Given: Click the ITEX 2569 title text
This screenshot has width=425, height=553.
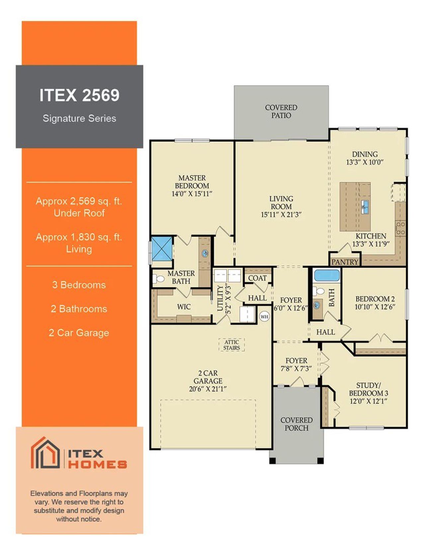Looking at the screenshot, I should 79,95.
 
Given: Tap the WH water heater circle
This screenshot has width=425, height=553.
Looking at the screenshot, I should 264,317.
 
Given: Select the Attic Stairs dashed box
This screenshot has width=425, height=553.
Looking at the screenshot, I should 231,345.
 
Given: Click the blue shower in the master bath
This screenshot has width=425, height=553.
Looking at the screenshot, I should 162,248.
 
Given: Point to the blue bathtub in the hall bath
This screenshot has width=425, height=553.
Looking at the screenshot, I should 327,276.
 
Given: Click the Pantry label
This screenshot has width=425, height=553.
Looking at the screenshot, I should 345,262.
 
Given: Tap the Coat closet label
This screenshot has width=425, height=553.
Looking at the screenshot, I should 257,278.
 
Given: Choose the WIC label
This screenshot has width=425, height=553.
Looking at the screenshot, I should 184,307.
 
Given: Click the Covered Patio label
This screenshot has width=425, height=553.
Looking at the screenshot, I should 281,112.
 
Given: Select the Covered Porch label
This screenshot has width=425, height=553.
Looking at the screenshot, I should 297,424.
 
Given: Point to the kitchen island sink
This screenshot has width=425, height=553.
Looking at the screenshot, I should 365,207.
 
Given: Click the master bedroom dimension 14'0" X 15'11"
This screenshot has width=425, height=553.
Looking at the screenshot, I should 192,194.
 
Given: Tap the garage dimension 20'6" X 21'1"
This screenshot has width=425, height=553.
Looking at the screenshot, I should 208,389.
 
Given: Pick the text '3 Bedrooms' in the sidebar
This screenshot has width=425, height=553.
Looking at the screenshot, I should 79,285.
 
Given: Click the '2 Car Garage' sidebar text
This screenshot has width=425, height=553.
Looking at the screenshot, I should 79,333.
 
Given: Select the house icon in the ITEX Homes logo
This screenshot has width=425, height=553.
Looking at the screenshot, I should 45,453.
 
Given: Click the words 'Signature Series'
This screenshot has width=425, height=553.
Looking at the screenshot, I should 79,118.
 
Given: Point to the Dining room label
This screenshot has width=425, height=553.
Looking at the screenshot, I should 365,154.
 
